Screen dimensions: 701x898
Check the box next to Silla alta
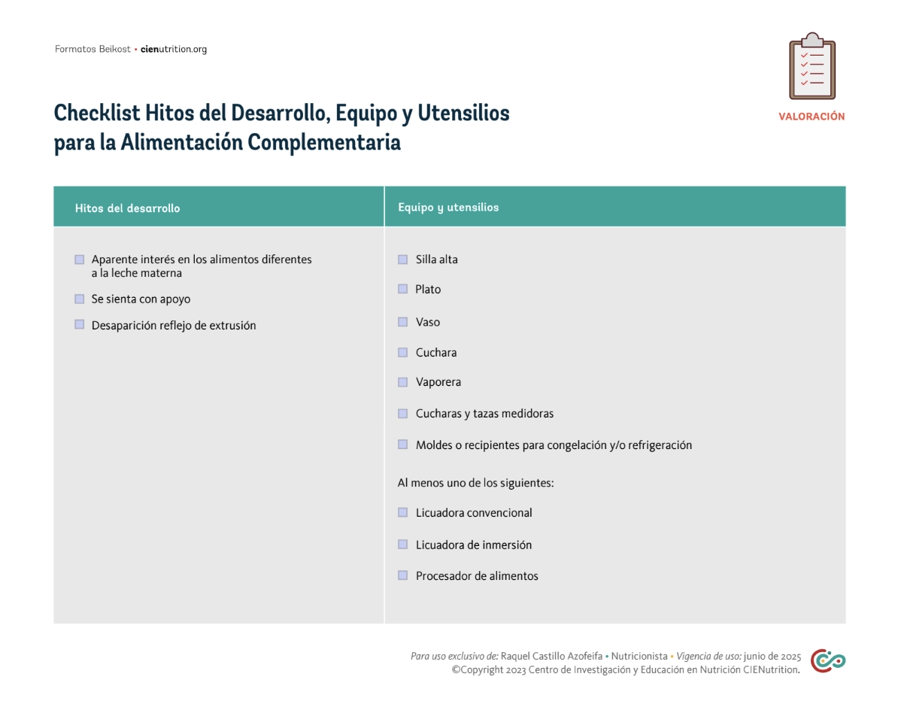pyautogui.click(x=402, y=259)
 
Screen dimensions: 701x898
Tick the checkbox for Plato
pyautogui.click(x=402, y=290)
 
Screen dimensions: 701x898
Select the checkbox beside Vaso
pyautogui.click(x=402, y=322)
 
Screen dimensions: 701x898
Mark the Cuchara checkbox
pyautogui.click(x=402, y=353)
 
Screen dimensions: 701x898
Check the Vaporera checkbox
pyautogui.click(x=402, y=382)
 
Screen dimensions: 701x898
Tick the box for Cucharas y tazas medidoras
pyautogui.click(x=402, y=414)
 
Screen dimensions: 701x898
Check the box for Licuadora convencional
pyautogui.click(x=402, y=513)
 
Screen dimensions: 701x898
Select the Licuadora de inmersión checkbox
pyautogui.click(x=402, y=545)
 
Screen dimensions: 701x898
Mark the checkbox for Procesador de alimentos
pyautogui.click(x=402, y=576)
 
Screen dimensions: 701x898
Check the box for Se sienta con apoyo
pyautogui.click(x=79, y=299)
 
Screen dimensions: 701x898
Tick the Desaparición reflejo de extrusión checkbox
pyautogui.click(x=79, y=325)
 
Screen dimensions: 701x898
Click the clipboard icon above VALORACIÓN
pyautogui.click(x=812, y=66)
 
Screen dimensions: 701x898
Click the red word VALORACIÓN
pyautogui.click(x=812, y=117)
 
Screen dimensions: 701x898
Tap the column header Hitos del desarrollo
pyautogui.click(x=127, y=208)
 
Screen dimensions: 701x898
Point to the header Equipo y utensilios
pyautogui.click(x=448, y=208)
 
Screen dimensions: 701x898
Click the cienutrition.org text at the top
pyautogui.click(x=174, y=50)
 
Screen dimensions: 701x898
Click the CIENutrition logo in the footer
pyautogui.click(x=827, y=661)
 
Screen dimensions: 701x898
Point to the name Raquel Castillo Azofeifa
pyautogui.click(x=551, y=656)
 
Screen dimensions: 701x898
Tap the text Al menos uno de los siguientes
pyautogui.click(x=475, y=483)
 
